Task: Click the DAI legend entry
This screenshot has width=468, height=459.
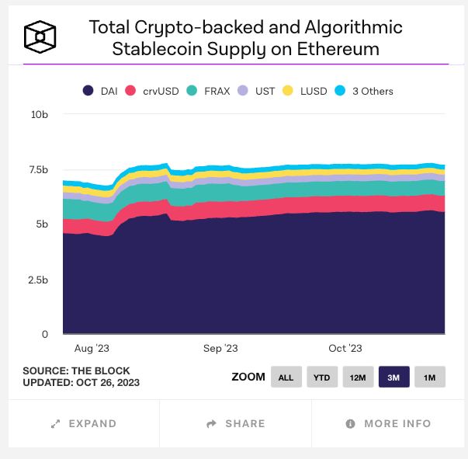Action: tap(100, 91)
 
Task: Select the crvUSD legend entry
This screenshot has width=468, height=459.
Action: tap(152, 91)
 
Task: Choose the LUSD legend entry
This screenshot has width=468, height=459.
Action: tap(304, 91)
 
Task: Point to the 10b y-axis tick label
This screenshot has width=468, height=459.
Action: tap(40, 114)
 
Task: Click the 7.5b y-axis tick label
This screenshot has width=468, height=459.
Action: tap(38, 169)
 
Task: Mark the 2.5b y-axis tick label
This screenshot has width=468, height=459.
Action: tap(38, 280)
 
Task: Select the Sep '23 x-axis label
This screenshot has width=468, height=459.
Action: tap(220, 349)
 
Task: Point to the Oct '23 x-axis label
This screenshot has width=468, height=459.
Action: tap(345, 349)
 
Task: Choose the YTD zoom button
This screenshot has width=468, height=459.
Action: tap(321, 377)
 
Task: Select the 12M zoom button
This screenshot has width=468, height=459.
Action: tap(358, 377)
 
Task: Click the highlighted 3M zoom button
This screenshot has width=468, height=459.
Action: tap(393, 377)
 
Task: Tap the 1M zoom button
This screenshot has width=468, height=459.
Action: tap(429, 377)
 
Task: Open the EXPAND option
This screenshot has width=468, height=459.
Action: tap(84, 424)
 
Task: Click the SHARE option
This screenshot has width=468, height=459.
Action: tap(236, 424)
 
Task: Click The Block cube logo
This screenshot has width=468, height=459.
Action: tap(40, 36)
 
